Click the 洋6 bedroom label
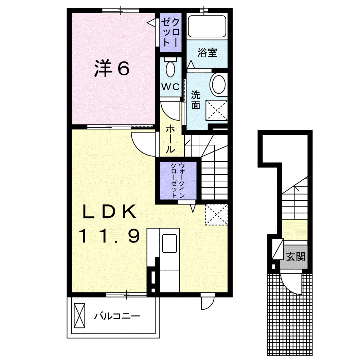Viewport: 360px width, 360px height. (x=112, y=69)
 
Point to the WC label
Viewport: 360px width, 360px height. (x=170, y=87)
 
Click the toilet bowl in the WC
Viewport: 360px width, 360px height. (x=170, y=69)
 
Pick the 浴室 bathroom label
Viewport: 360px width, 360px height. (x=207, y=53)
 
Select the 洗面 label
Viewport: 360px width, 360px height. (x=196, y=99)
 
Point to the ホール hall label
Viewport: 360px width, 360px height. (x=170, y=139)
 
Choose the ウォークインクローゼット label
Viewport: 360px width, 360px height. (x=177, y=180)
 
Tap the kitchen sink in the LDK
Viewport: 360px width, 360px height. (x=169, y=244)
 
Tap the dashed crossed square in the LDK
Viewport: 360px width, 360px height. (x=216, y=214)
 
